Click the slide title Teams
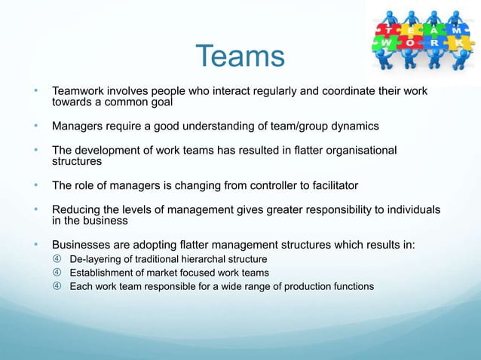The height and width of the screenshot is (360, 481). pyautogui.click(x=240, y=56)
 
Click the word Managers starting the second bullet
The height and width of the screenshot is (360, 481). pyautogui.click(x=78, y=126)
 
